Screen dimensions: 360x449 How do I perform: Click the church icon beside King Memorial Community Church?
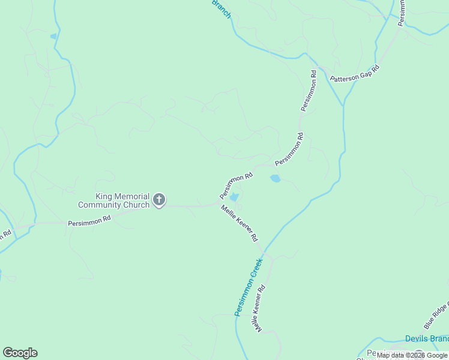[159, 199]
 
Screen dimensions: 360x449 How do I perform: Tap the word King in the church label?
[104, 196]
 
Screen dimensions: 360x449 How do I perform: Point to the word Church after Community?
[136, 205]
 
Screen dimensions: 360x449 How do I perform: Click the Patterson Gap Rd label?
[355, 74]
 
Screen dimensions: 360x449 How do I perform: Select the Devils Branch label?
[427, 338]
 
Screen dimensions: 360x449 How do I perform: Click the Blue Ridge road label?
[436, 316]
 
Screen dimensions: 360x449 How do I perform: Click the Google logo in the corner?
[20, 353]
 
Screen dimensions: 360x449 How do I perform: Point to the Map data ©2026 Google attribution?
[412, 356]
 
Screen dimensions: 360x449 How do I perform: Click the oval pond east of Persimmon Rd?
[276, 178]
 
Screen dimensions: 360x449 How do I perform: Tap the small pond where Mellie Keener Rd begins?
[234, 197]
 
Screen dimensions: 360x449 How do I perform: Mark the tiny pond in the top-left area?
[53, 37]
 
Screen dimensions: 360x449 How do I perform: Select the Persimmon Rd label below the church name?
[89, 222]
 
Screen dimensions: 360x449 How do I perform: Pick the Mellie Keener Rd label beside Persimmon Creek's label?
[259, 308]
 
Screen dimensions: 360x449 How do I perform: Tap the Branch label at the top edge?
[221, 8]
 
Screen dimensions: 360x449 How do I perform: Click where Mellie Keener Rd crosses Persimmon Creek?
[264, 251]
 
